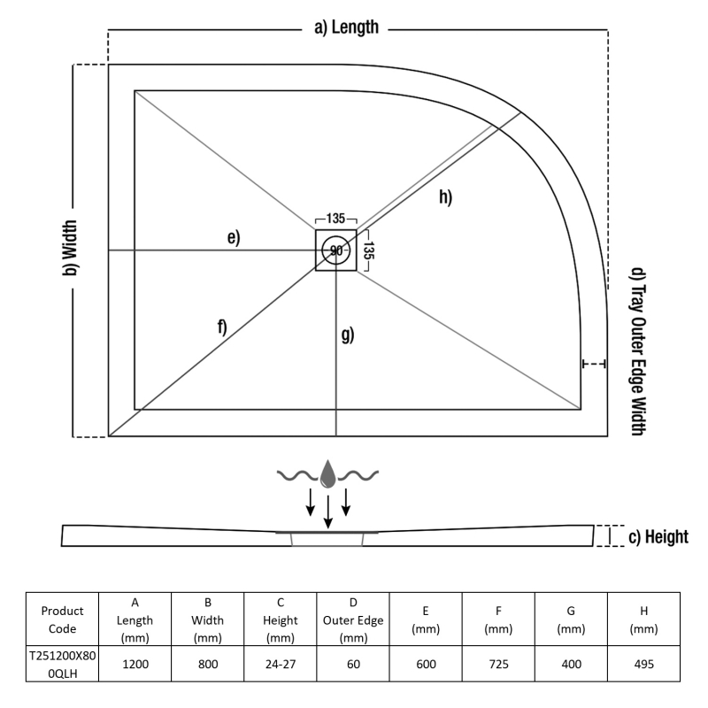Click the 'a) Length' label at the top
coord(346,27)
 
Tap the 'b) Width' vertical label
coord(69,250)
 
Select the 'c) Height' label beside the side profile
coord(657,536)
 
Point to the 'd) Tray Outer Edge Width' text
coord(636,351)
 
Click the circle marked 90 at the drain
coord(336,250)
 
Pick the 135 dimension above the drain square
coord(336,219)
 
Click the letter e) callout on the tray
coord(233,237)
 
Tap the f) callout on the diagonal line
coord(221,327)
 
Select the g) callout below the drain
coord(347,335)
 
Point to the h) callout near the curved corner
coord(444,196)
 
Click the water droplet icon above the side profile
coord(327,474)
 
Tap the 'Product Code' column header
coord(62,619)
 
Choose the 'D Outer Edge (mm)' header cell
coord(352,619)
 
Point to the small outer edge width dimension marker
coord(594,364)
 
